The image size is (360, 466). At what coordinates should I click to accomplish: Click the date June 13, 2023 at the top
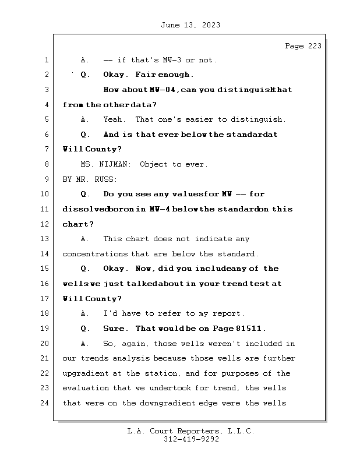click(190, 25)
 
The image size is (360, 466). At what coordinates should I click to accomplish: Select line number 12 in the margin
click(46, 224)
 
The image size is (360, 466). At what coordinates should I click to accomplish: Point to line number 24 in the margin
click(46, 403)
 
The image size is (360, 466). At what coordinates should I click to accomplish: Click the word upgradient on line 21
click(85, 373)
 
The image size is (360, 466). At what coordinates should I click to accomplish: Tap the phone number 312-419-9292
click(191, 440)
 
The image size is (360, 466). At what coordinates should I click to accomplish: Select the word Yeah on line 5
click(112, 119)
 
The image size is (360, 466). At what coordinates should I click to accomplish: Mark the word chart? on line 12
click(78, 224)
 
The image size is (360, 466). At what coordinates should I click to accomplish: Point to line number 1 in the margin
click(46, 60)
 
